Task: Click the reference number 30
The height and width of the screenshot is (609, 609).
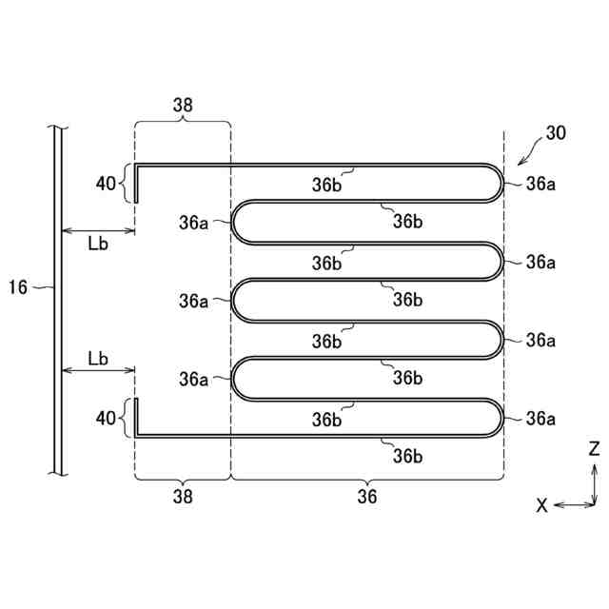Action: coord(555,133)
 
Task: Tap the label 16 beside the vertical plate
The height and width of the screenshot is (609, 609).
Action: coord(18,286)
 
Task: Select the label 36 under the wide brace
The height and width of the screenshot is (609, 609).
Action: coord(366,495)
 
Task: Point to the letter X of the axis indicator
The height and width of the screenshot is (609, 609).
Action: coord(541,505)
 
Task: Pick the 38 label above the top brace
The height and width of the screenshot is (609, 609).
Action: coord(182,106)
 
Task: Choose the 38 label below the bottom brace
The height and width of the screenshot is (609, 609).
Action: coord(182,495)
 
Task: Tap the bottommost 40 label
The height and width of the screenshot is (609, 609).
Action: coord(106,417)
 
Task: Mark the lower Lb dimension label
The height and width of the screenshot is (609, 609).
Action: coord(97,358)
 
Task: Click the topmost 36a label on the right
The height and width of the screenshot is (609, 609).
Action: coord(540,183)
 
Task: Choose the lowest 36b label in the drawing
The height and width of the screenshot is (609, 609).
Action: coord(407,456)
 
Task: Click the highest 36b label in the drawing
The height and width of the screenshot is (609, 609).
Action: coord(327,186)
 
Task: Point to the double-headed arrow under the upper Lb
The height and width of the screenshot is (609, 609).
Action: coord(97,231)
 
